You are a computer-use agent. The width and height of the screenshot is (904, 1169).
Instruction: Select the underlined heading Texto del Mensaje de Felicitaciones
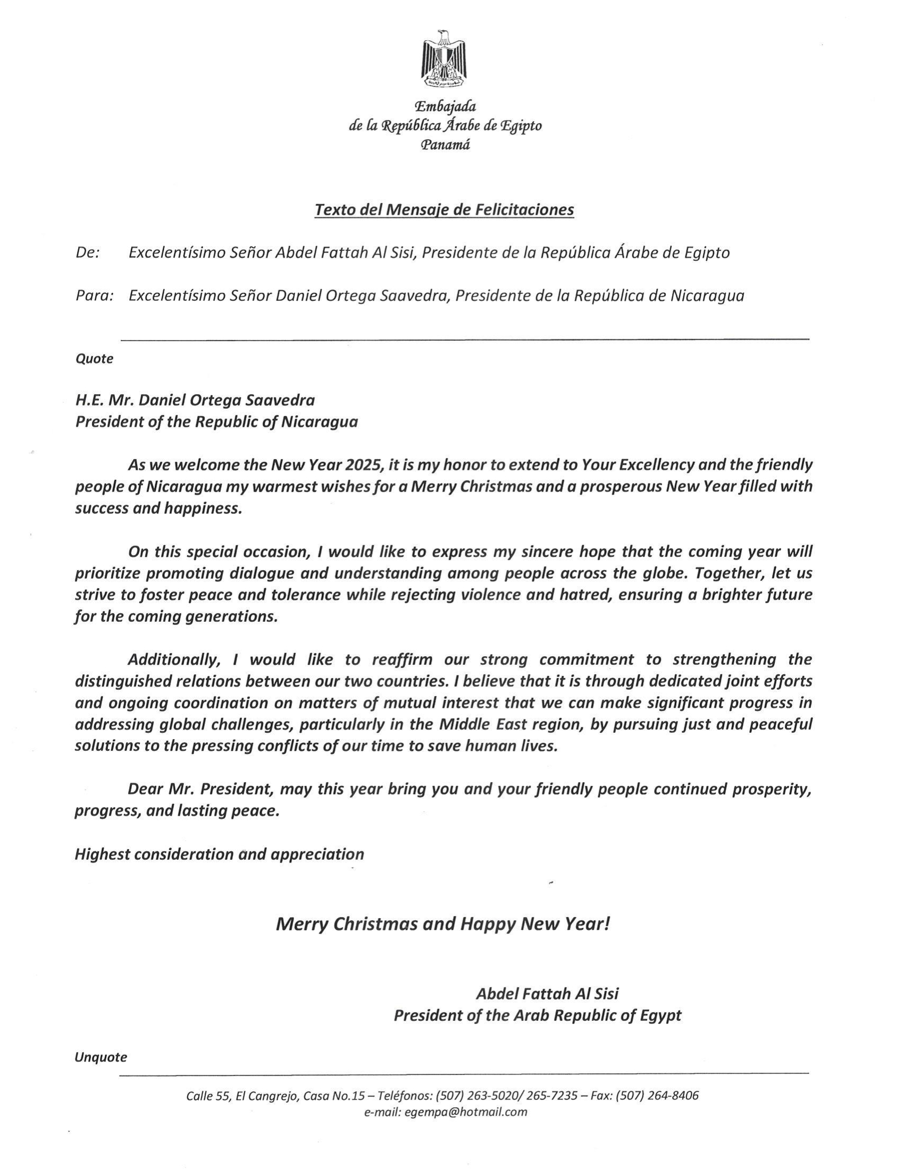[x=444, y=209]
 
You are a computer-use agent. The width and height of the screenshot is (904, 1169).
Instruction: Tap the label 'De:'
[x=88, y=252]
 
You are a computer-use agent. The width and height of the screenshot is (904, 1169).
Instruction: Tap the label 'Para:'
[x=94, y=296]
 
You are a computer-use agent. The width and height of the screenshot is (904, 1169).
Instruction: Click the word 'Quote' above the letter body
[x=94, y=359]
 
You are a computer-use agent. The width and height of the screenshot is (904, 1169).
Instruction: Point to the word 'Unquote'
[x=101, y=1057]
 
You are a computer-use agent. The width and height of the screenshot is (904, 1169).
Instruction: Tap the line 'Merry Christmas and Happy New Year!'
[x=443, y=924]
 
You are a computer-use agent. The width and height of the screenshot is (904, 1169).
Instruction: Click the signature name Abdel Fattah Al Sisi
[x=547, y=994]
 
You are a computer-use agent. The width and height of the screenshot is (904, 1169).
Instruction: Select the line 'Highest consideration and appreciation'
[x=219, y=854]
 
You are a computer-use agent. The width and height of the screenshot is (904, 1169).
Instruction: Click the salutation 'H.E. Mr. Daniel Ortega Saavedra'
[x=195, y=400]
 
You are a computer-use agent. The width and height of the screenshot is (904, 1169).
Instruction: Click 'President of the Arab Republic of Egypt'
[x=538, y=1015]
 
